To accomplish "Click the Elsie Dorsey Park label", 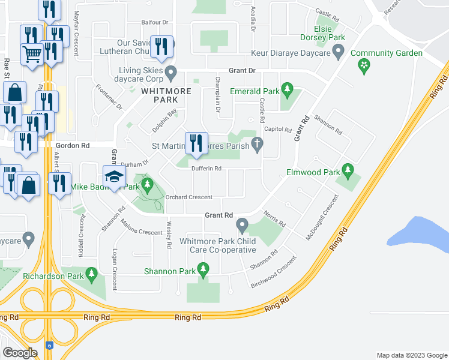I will click(330, 32).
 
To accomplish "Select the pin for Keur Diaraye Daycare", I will click(338, 53).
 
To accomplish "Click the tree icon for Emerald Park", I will click(287, 91).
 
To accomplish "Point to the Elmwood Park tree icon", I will click(347, 171).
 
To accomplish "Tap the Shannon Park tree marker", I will click(203, 271).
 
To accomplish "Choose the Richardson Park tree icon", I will click(91, 276).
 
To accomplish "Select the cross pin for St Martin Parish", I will click(258, 144).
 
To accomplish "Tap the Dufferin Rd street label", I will click(207, 169).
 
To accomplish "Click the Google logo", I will click(20, 353).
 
